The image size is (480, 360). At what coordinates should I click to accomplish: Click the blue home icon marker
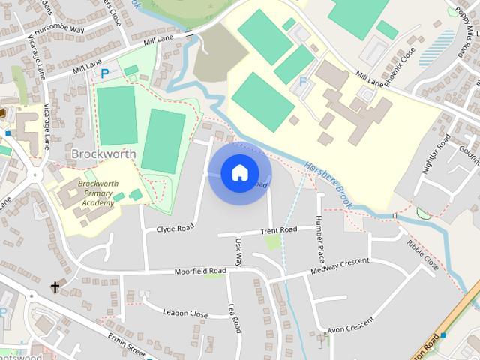click(x=239, y=172)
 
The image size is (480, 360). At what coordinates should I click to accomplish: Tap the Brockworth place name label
click(x=103, y=154)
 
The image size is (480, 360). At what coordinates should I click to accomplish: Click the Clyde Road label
click(x=175, y=226)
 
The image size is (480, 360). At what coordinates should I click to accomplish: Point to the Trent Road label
click(x=279, y=229)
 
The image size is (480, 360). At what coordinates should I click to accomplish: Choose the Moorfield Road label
click(x=200, y=271)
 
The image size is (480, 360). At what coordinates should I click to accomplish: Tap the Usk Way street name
click(x=239, y=253)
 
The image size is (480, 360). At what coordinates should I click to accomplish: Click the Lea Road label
click(x=235, y=317)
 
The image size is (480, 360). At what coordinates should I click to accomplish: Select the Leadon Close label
click(x=184, y=313)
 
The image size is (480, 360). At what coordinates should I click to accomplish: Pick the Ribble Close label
click(x=423, y=255)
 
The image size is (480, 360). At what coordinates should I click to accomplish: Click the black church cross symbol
click(x=55, y=286)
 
